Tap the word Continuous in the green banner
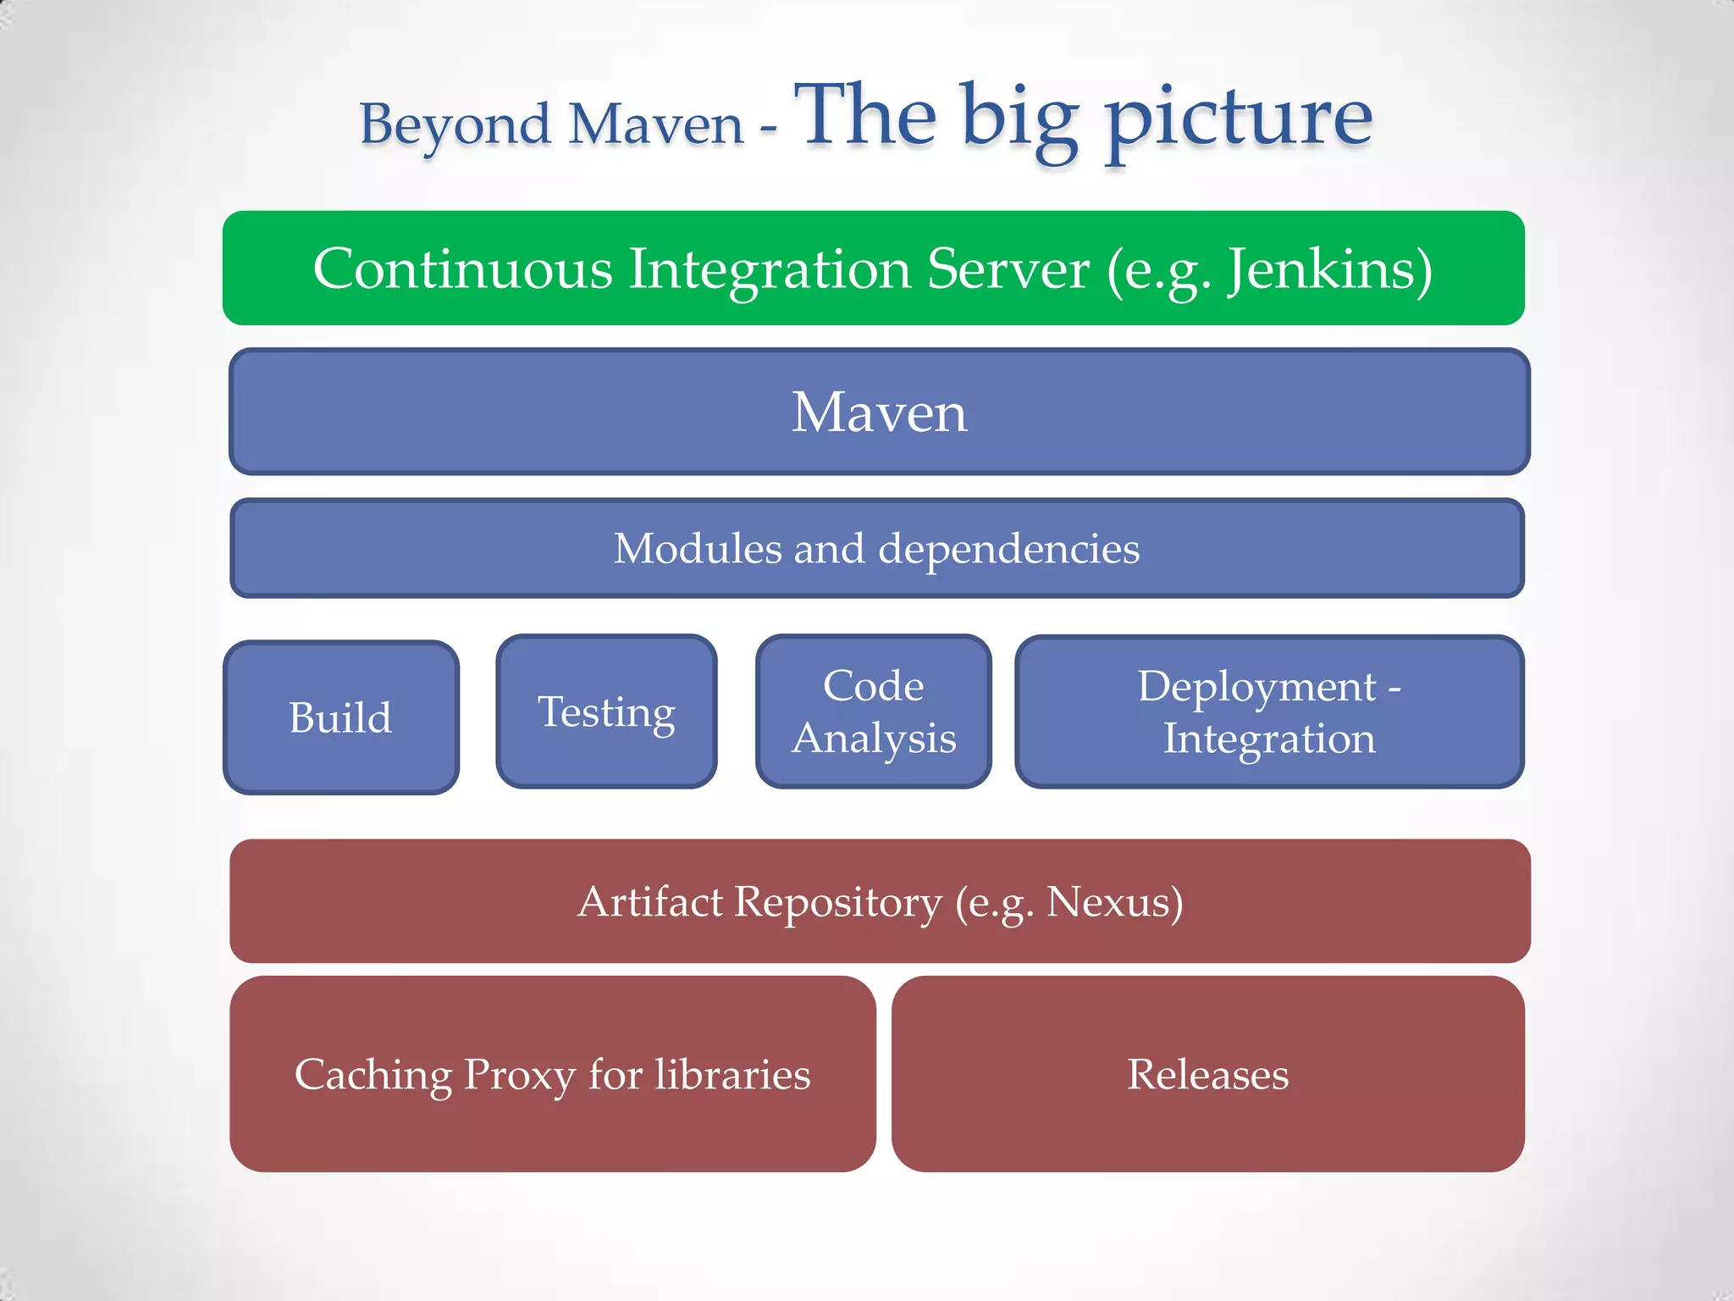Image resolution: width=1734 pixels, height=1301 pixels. pos(462,269)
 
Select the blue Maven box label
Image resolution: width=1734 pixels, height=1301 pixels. pos(879,412)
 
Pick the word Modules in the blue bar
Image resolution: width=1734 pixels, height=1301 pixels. pos(697,549)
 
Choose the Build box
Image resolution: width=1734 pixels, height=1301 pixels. pos(340,717)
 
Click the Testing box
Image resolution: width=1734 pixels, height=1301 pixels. pos(606,711)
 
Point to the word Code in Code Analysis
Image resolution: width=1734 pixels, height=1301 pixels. pos(873,685)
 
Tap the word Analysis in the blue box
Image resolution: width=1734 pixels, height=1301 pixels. pos(874,738)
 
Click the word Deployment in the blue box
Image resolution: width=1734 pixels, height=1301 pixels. pos(1256,686)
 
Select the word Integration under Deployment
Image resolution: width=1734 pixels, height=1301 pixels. pos(1268,738)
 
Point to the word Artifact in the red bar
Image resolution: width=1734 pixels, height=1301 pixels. pos(649,901)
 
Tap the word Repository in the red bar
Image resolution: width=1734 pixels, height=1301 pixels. pos(837,903)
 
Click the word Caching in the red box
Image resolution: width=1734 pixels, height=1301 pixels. pos(373,1075)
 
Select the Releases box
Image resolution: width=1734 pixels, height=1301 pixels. pos(1207,1074)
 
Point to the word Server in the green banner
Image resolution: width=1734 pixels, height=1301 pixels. pos(1008,269)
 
